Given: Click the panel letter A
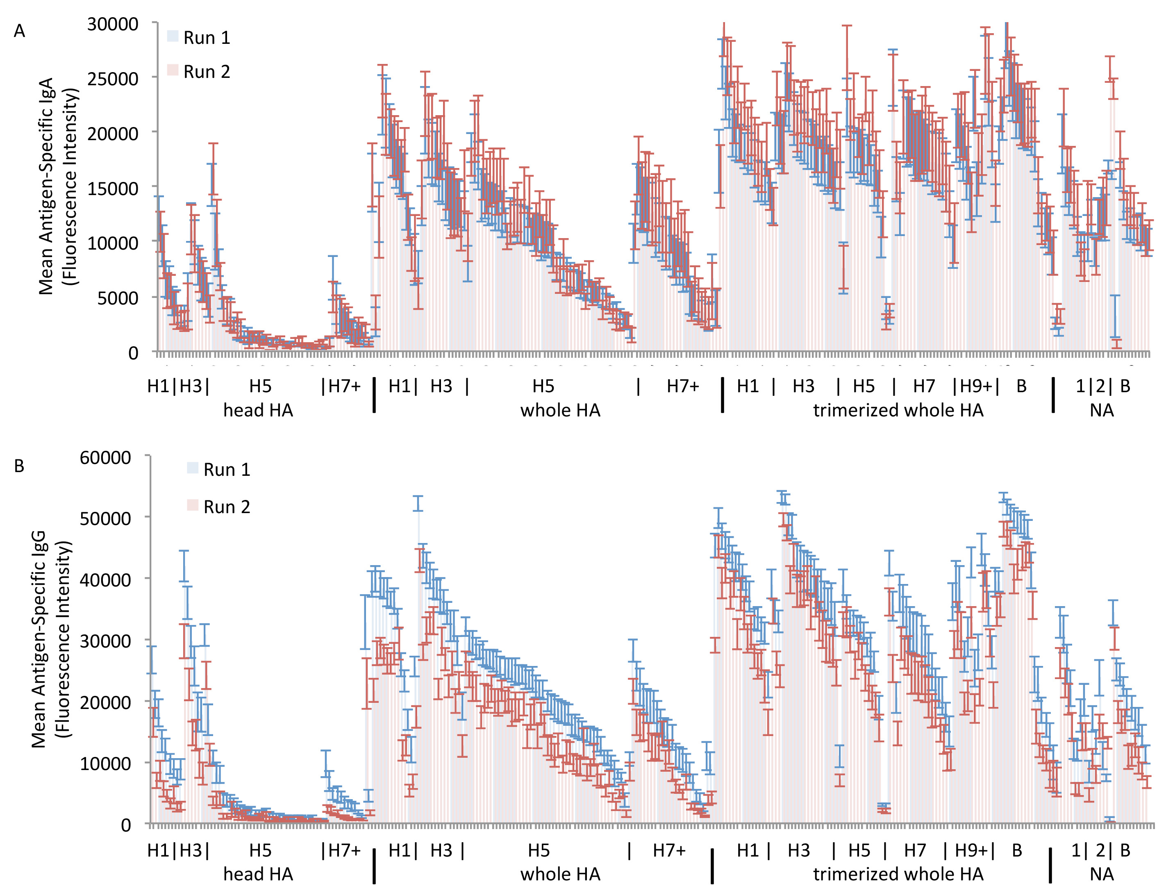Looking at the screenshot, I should (19, 32).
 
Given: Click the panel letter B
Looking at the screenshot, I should (19, 466).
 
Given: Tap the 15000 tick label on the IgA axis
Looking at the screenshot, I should (113, 188).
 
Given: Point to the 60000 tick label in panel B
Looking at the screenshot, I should (105, 458).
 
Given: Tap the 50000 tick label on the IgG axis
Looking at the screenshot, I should (105, 519).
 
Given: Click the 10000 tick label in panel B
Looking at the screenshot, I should (105, 764).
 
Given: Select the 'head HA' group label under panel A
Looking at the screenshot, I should (258, 410).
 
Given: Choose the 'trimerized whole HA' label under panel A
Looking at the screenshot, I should (898, 410).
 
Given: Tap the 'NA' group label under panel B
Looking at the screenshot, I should (1101, 875).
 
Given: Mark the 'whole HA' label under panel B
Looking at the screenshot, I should (560, 875).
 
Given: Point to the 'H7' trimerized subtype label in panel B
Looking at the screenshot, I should (915, 850).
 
